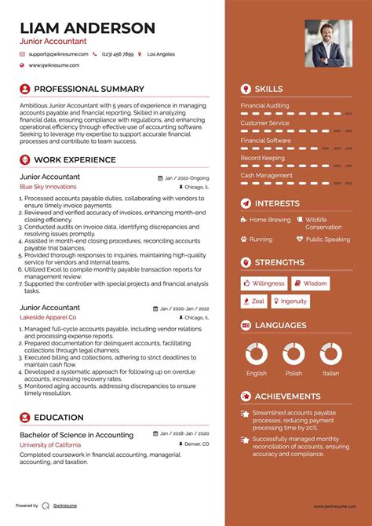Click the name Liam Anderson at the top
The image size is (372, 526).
pyautogui.click(x=87, y=28)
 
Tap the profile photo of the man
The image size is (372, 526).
pyautogui.click(x=328, y=42)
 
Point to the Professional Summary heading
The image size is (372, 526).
pyautogui.click(x=89, y=89)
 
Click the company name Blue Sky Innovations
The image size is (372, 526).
pyautogui.click(x=48, y=187)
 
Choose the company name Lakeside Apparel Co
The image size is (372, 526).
pyautogui.click(x=48, y=316)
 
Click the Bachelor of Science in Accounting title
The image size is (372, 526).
pyautogui.click(x=76, y=434)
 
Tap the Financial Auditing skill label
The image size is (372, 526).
pyautogui.click(x=264, y=105)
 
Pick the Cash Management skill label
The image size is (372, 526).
pyautogui.click(x=266, y=175)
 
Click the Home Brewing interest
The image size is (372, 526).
pyautogui.click(x=269, y=220)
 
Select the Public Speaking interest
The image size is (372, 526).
pyautogui.click(x=327, y=239)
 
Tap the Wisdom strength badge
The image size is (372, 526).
pyautogui.click(x=311, y=283)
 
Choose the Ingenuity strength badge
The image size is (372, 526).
pyautogui.click(x=290, y=301)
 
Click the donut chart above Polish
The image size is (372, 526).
pyautogui.click(x=294, y=354)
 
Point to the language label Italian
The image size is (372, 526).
pyautogui.click(x=330, y=373)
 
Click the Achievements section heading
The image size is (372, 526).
pyautogui.click(x=287, y=396)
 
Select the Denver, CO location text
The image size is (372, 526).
pyautogui.click(x=195, y=444)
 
